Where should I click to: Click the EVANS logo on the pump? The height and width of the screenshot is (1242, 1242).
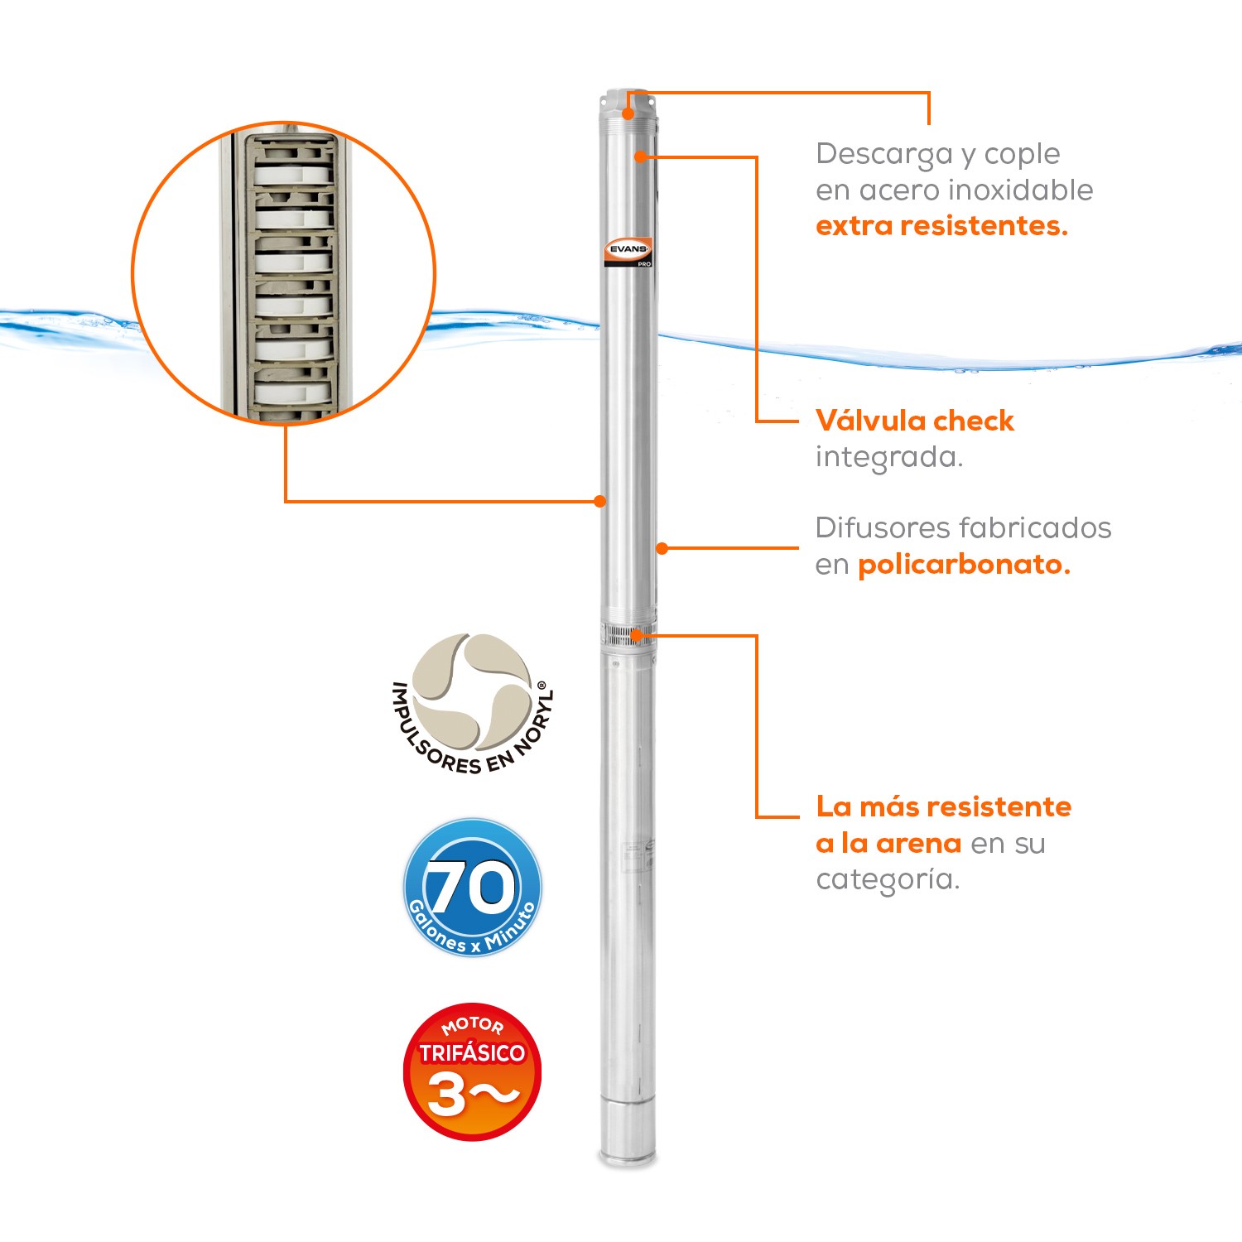(x=628, y=250)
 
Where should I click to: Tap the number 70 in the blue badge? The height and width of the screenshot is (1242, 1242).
(x=470, y=887)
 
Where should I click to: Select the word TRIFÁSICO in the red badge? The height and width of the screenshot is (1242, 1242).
(x=472, y=1052)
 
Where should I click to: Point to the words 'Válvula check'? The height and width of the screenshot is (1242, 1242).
(x=914, y=421)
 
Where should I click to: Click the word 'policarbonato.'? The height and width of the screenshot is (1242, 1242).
(x=964, y=565)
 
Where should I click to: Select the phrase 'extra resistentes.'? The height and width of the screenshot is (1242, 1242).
(x=941, y=225)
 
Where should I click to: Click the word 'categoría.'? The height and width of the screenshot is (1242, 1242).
(x=887, y=879)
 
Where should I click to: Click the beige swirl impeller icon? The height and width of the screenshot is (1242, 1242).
(x=472, y=691)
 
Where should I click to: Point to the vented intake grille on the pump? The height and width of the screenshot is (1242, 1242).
(x=628, y=636)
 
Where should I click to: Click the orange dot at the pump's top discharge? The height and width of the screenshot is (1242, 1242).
(x=628, y=114)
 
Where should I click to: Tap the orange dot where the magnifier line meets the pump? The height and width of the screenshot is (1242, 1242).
(x=600, y=501)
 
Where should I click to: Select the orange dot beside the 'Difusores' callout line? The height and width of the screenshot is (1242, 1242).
(x=662, y=548)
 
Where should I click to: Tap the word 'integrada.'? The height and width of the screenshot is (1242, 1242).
(x=888, y=457)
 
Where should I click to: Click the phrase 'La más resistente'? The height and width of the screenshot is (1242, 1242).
(x=943, y=806)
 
